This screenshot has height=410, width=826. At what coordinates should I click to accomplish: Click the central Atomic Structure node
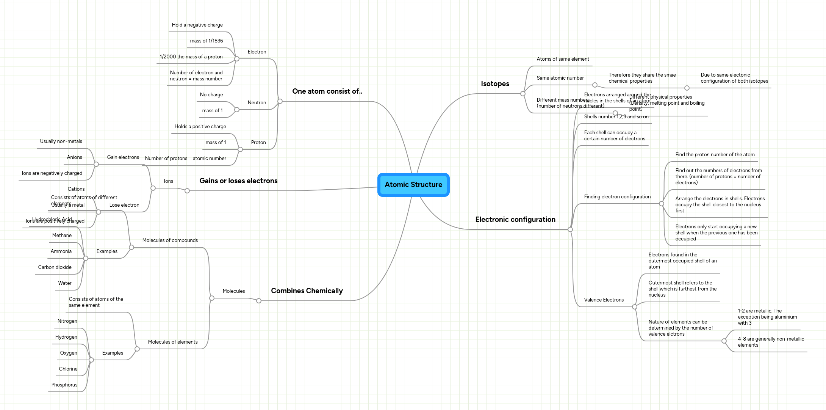click(413, 185)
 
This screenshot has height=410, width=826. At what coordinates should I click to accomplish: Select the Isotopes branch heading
click(495, 84)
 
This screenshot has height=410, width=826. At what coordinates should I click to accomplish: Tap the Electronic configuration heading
click(515, 220)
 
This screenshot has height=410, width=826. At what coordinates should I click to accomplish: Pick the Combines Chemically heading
click(307, 291)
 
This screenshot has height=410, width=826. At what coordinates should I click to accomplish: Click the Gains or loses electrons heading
click(238, 181)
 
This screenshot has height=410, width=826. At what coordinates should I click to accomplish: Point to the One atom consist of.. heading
click(327, 91)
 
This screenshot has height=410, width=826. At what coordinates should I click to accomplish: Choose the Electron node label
click(257, 52)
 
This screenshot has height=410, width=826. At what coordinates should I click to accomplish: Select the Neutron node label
click(257, 103)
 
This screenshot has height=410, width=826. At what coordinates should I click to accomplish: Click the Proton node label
click(258, 143)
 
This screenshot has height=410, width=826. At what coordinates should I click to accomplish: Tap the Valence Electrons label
click(604, 300)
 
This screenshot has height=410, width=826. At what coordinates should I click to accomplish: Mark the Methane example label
click(62, 236)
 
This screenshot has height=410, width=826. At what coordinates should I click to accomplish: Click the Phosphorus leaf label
click(64, 385)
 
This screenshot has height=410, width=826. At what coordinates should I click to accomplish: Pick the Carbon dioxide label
click(55, 267)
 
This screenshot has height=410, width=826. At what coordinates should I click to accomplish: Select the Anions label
click(74, 157)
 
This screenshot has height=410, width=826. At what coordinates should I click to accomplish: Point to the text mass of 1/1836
click(206, 41)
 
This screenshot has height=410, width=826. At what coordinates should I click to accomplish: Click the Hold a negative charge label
click(197, 25)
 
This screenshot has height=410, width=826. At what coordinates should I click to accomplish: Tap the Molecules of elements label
click(172, 342)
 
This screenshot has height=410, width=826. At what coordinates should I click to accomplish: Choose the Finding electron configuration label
click(617, 197)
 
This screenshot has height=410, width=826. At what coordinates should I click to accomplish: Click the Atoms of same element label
click(563, 59)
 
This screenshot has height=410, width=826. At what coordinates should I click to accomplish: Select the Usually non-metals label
click(61, 141)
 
